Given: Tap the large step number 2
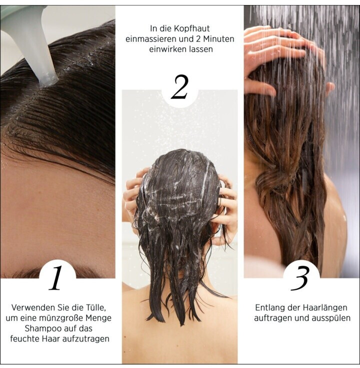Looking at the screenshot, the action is (x=180, y=87).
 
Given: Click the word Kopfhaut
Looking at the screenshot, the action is (x=191, y=29).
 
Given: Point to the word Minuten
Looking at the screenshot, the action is (x=219, y=39).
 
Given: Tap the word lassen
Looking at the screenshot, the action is (x=201, y=49).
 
